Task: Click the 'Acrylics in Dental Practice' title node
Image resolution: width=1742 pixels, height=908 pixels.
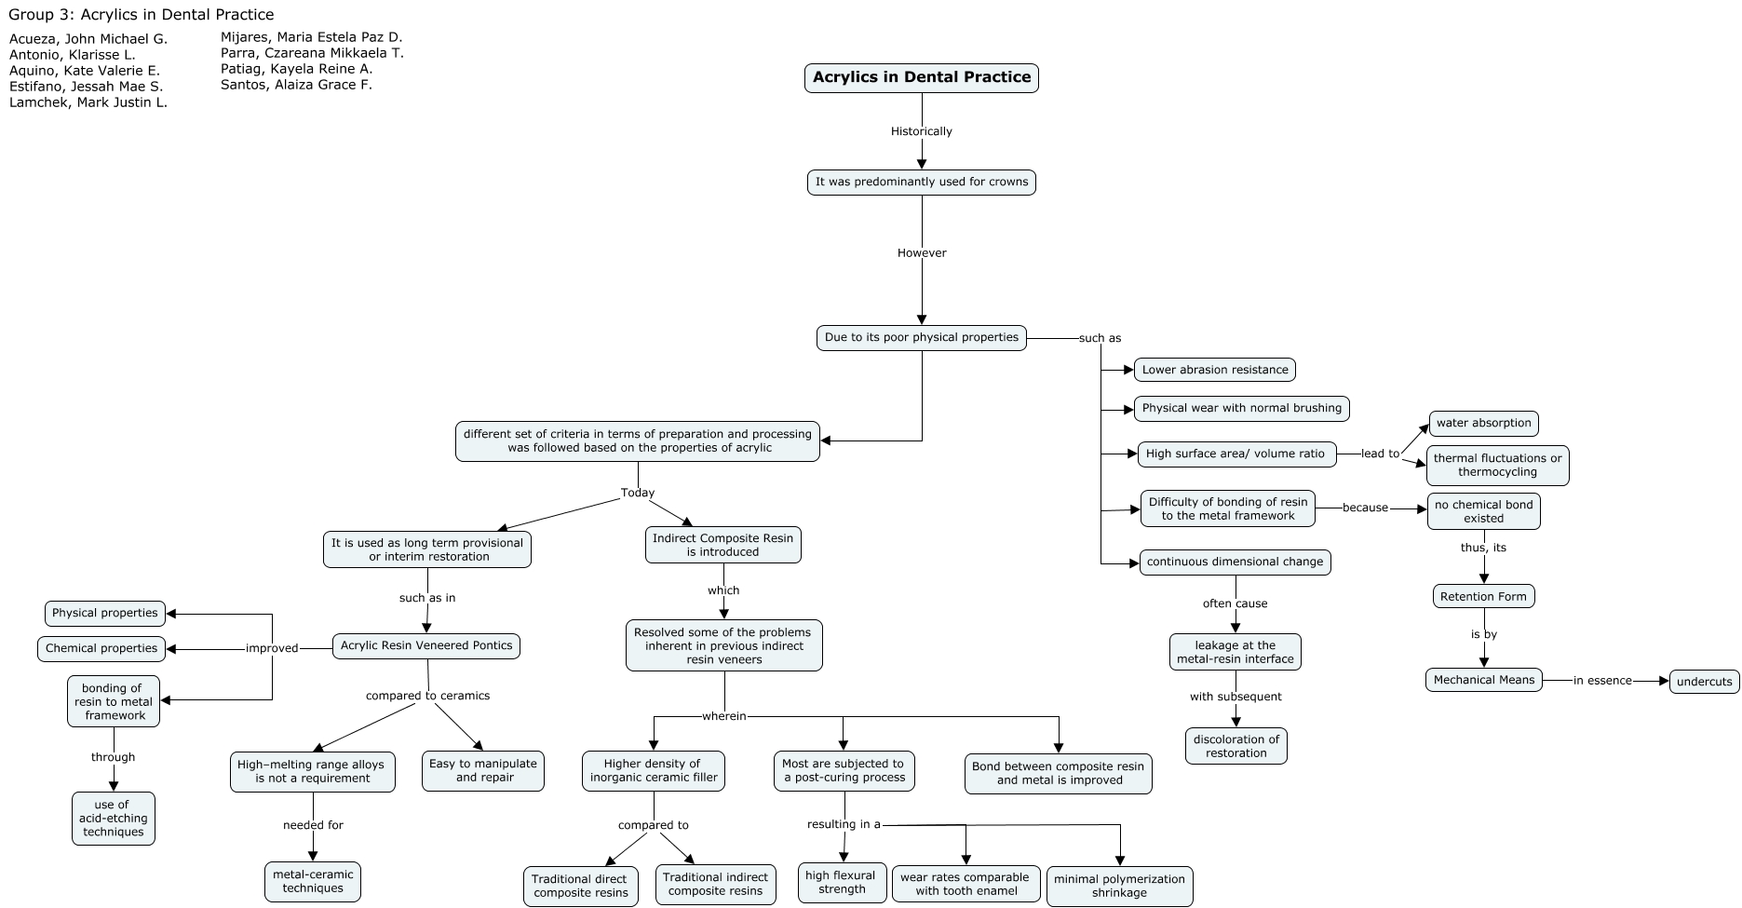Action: point(921,77)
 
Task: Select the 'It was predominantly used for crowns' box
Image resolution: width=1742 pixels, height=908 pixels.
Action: point(921,182)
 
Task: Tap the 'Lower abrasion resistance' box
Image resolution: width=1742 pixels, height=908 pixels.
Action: point(1214,370)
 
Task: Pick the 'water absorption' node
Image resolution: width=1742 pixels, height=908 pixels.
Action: point(1483,423)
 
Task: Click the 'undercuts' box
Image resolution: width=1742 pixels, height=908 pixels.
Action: point(1704,682)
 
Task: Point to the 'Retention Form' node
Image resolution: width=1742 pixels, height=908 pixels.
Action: point(1483,596)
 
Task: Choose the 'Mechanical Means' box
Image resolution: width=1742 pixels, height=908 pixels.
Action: point(1483,680)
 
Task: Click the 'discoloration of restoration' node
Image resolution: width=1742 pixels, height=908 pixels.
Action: point(1236,746)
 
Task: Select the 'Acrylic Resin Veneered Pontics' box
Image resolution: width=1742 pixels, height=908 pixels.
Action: point(426,645)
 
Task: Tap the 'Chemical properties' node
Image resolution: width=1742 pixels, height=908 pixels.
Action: point(101,648)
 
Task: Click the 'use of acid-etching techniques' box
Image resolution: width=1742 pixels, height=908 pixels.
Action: point(114,819)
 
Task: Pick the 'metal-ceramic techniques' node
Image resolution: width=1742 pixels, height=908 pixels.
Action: point(313,881)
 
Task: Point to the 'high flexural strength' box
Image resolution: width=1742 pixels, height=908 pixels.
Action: point(842,882)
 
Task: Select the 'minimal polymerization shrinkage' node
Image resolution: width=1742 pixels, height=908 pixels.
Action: point(1119,886)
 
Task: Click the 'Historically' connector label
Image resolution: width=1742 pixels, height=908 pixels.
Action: point(922,131)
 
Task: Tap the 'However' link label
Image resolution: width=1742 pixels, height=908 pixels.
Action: point(922,252)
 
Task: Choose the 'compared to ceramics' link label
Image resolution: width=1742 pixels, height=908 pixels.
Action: point(427,696)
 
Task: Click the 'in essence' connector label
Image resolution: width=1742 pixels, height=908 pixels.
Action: point(1602,681)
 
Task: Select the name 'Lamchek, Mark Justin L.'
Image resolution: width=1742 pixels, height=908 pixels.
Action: point(88,102)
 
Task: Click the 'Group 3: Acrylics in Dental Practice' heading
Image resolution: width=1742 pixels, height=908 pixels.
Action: point(142,15)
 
